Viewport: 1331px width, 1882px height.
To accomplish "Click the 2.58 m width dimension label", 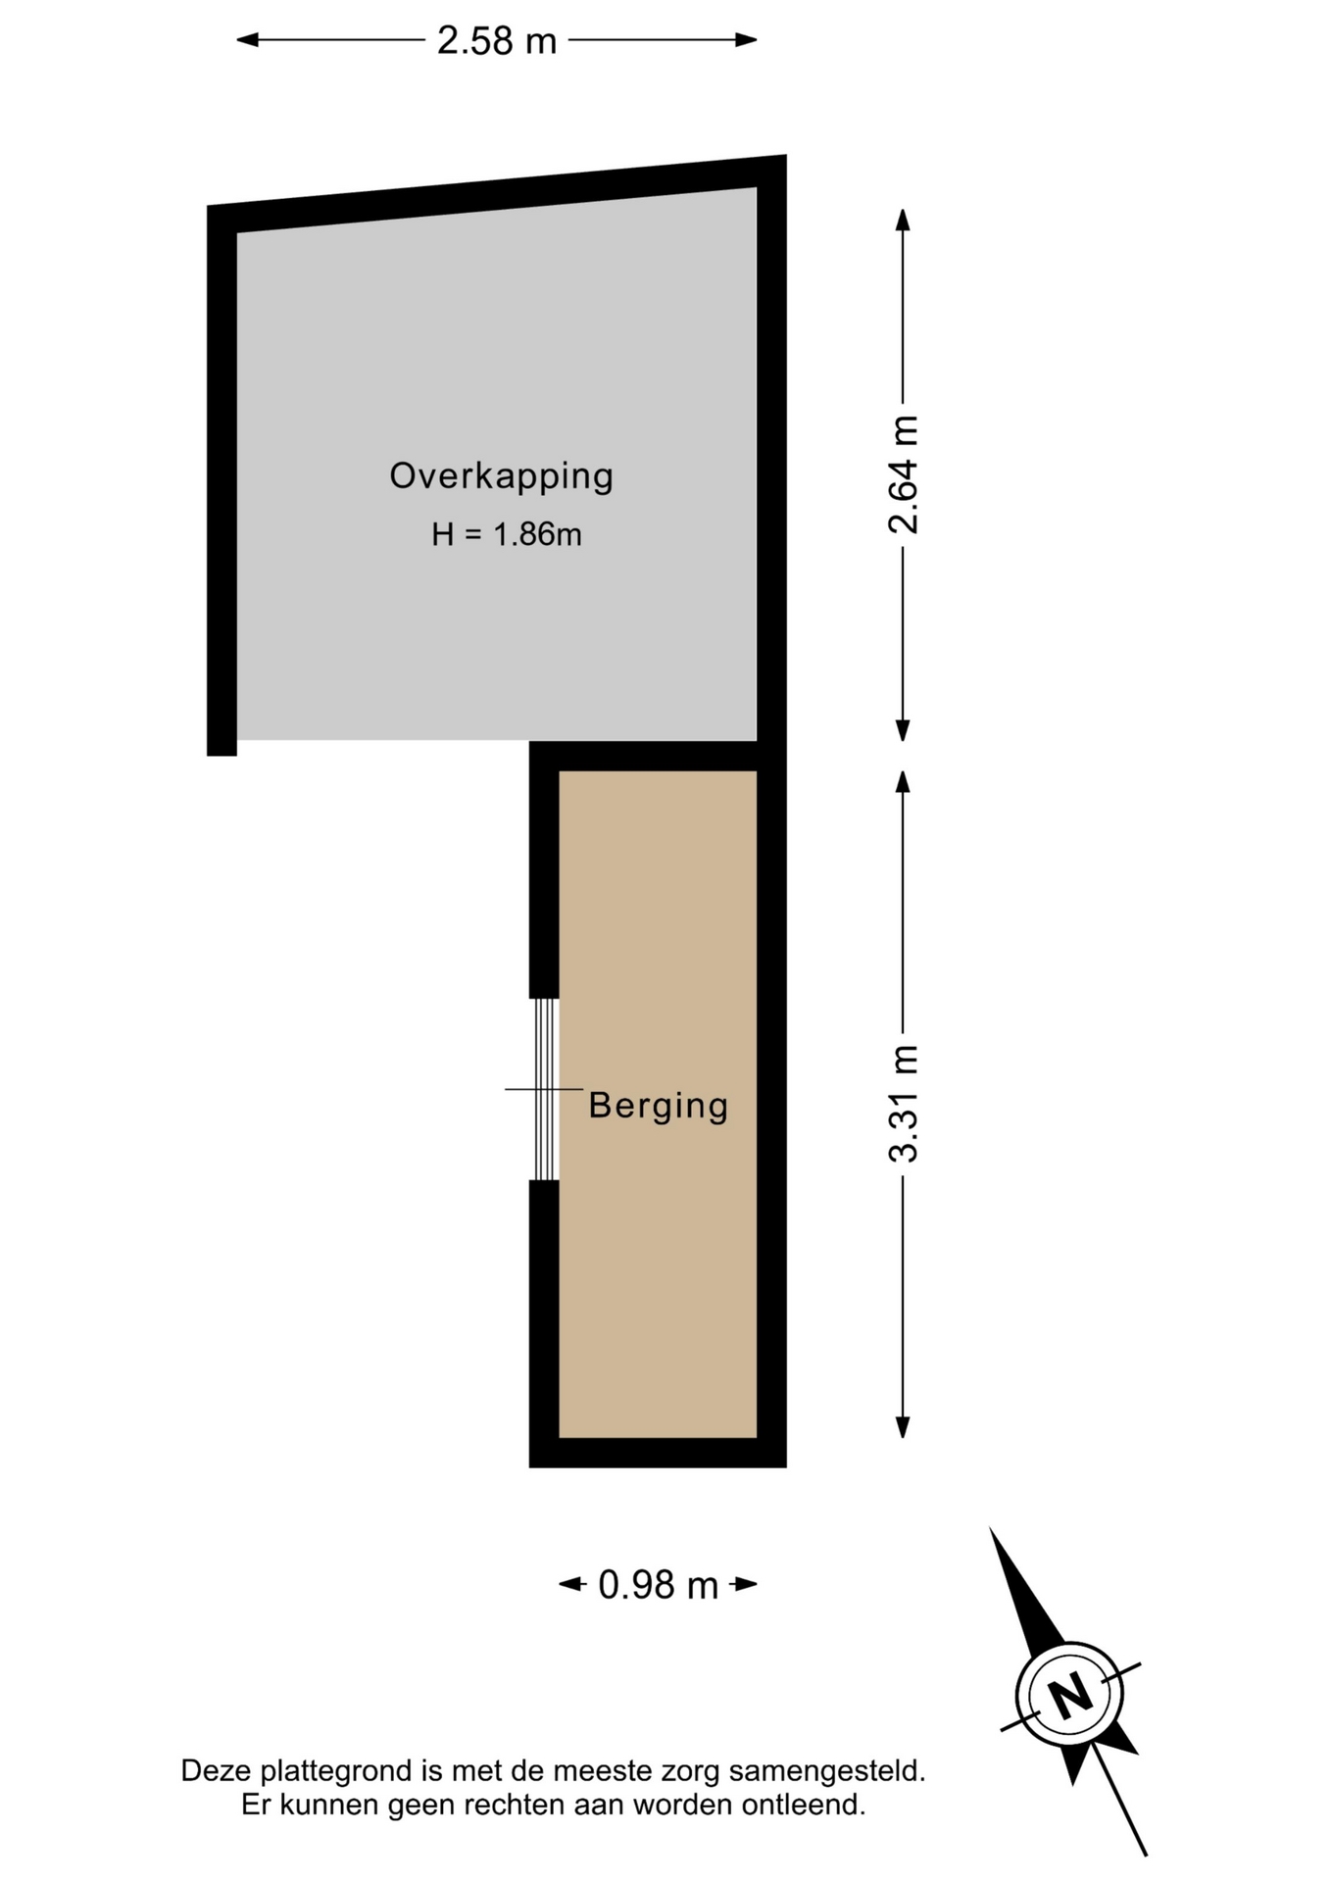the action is pyautogui.click(x=496, y=40).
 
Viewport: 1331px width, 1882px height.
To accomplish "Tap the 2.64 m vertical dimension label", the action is pyautogui.click(x=903, y=474).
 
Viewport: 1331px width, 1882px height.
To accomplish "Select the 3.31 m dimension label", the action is pyautogui.click(x=903, y=1104).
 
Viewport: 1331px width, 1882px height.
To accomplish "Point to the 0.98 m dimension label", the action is pyautogui.click(x=658, y=1585).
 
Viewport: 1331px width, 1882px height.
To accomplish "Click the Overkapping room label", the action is pyautogui.click(x=502, y=475).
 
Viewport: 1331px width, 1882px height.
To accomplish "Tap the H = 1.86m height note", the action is pyautogui.click(x=507, y=534).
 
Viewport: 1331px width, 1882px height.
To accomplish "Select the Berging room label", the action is pyautogui.click(x=659, y=1106).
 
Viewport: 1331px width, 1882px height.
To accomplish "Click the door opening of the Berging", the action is pyautogui.click(x=545, y=1089).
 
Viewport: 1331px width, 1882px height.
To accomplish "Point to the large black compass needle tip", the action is pyautogui.click(x=990, y=1528).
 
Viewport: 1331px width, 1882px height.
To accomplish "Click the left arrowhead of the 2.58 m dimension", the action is pyautogui.click(x=247, y=40).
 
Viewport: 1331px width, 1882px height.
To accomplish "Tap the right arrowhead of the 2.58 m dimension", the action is pyautogui.click(x=747, y=40).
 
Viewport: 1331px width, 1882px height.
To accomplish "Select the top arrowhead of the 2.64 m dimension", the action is pyautogui.click(x=903, y=220).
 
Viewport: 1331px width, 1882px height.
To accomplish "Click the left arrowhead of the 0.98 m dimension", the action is pyautogui.click(x=569, y=1584).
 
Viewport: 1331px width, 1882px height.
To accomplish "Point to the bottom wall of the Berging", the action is pyautogui.click(x=658, y=1453).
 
